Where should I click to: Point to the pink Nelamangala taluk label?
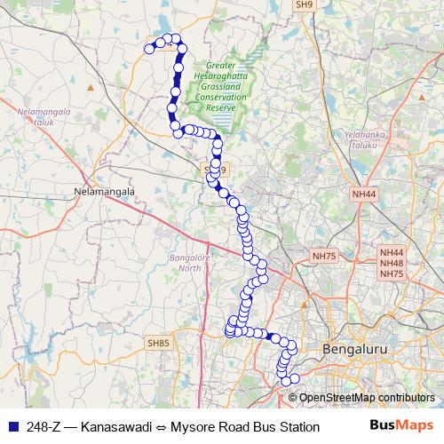click(x=42, y=111)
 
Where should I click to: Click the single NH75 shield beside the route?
click(x=325, y=256)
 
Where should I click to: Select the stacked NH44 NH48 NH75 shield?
click(x=392, y=263)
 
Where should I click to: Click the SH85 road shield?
click(x=158, y=343)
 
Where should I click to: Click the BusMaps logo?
click(x=401, y=425)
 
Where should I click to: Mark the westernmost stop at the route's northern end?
click(x=149, y=49)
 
